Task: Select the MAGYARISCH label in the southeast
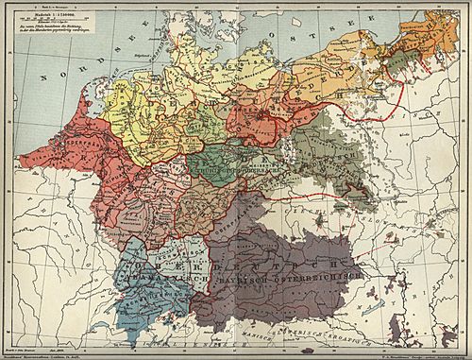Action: [x=415, y=312]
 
